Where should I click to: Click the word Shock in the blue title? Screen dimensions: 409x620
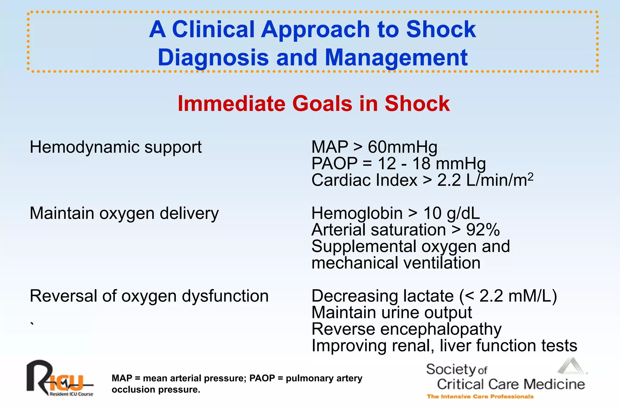pyautogui.click(x=441, y=29)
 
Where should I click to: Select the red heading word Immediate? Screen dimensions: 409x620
pyautogui.click(x=232, y=104)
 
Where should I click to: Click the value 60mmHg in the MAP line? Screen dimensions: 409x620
pyautogui.click(x=402, y=147)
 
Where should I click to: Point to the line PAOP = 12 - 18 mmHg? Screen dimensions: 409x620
pyautogui.click(x=398, y=164)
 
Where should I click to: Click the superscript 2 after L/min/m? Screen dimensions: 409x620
pyautogui.click(x=530, y=177)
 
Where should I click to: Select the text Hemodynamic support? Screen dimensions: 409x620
pyautogui.click(x=115, y=147)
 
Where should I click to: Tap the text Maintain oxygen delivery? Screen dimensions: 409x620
pyautogui.click(x=124, y=213)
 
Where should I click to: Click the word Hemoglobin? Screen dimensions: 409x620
pyautogui.click(x=357, y=213)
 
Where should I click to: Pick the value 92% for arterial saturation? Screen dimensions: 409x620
pyautogui.click(x=483, y=230)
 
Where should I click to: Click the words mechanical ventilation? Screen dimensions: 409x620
pyautogui.click(x=396, y=263)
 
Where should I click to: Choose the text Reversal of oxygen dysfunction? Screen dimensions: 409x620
pyautogui.click(x=149, y=296)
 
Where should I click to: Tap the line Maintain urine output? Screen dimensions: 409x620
pyautogui.click(x=391, y=313)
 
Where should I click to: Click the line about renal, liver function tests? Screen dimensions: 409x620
pyautogui.click(x=444, y=346)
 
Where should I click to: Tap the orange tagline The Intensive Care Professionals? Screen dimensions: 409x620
pyautogui.click(x=480, y=397)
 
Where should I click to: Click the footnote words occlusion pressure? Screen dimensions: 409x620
pyautogui.click(x=156, y=390)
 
